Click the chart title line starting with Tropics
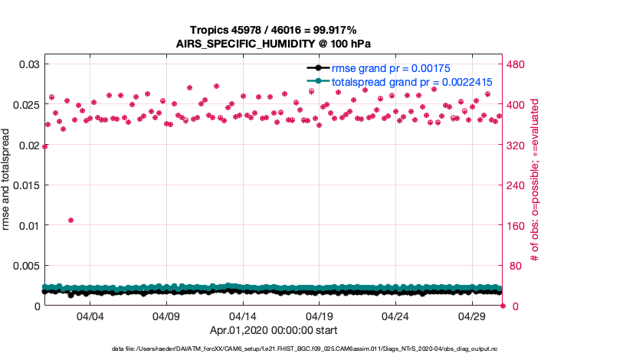coord(274,29)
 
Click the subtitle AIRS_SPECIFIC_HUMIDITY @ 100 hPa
coord(274,43)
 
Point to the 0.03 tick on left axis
coord(28,64)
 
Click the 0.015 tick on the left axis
coord(25,185)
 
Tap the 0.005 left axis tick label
coord(25,266)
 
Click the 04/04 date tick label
coord(90,317)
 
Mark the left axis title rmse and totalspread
coord(8,180)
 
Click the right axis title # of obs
coord(535,180)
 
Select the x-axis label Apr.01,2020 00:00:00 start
coord(274,330)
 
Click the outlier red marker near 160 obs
coord(70,220)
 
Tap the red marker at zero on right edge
coord(503,306)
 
